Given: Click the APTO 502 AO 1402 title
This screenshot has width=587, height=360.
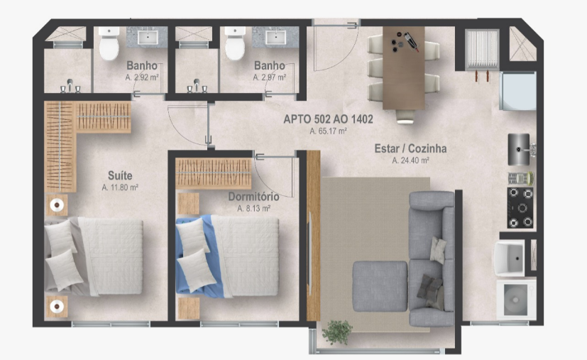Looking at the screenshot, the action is click(x=328, y=119).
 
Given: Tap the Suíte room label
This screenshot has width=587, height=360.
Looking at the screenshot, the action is click(x=120, y=175).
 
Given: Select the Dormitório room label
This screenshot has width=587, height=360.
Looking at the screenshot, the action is click(x=253, y=197).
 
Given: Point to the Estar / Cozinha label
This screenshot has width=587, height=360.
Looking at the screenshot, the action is click(x=410, y=148).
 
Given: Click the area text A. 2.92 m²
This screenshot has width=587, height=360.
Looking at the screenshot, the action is click(x=142, y=77).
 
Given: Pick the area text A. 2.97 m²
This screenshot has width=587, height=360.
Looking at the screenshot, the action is click(x=270, y=77).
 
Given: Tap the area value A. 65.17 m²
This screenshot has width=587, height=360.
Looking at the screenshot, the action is click(x=328, y=131).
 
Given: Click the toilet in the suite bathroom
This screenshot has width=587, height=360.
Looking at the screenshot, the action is click(x=109, y=43).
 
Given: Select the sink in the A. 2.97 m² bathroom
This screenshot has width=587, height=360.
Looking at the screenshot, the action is click(x=275, y=38).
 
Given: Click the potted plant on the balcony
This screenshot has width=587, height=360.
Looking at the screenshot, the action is click(x=337, y=332).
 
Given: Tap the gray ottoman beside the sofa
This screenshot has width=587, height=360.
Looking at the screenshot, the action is click(x=380, y=286).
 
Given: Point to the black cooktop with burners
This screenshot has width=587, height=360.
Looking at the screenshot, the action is click(x=520, y=207).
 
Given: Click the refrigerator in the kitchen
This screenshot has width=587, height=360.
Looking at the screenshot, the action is click(x=518, y=91).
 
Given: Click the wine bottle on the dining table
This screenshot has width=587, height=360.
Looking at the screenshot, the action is click(x=411, y=42).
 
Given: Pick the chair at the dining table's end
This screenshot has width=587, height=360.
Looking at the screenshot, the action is click(x=405, y=116).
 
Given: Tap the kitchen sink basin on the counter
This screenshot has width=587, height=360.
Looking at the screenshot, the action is click(x=519, y=149).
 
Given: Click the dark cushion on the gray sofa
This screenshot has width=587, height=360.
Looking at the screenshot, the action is click(x=429, y=286).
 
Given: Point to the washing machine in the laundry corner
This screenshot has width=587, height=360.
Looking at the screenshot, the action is click(x=516, y=298).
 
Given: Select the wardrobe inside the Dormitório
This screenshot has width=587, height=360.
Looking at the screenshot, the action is click(x=214, y=173).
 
